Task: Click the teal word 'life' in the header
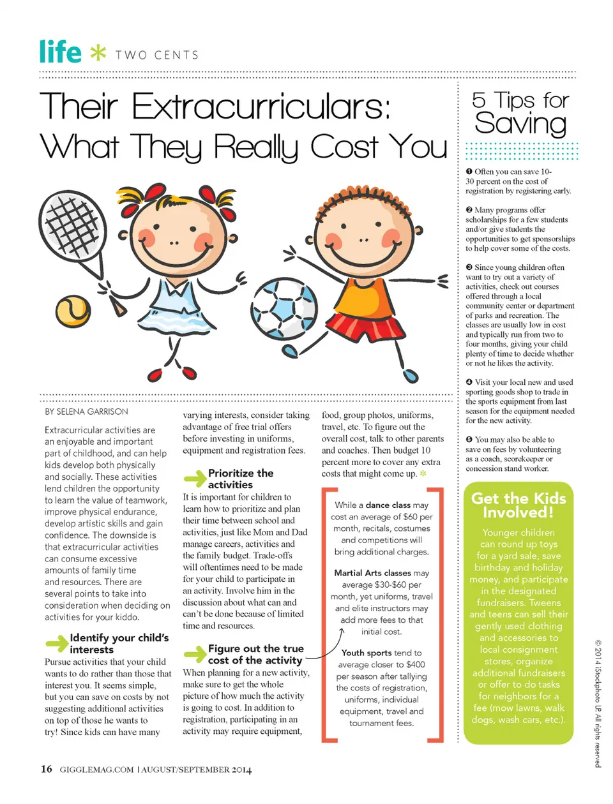click(60, 52)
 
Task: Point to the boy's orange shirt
click(365, 292)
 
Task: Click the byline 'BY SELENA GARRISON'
click(86, 412)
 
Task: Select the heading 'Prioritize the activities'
click(240, 479)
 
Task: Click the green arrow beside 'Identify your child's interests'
click(57, 643)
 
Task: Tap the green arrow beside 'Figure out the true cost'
click(195, 654)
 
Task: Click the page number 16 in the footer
click(47, 769)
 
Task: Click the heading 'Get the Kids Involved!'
click(518, 505)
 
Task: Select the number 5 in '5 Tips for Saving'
click(479, 100)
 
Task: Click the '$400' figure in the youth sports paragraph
click(415, 664)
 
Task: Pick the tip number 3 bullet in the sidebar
click(469, 267)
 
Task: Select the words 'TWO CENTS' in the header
click(157, 55)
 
